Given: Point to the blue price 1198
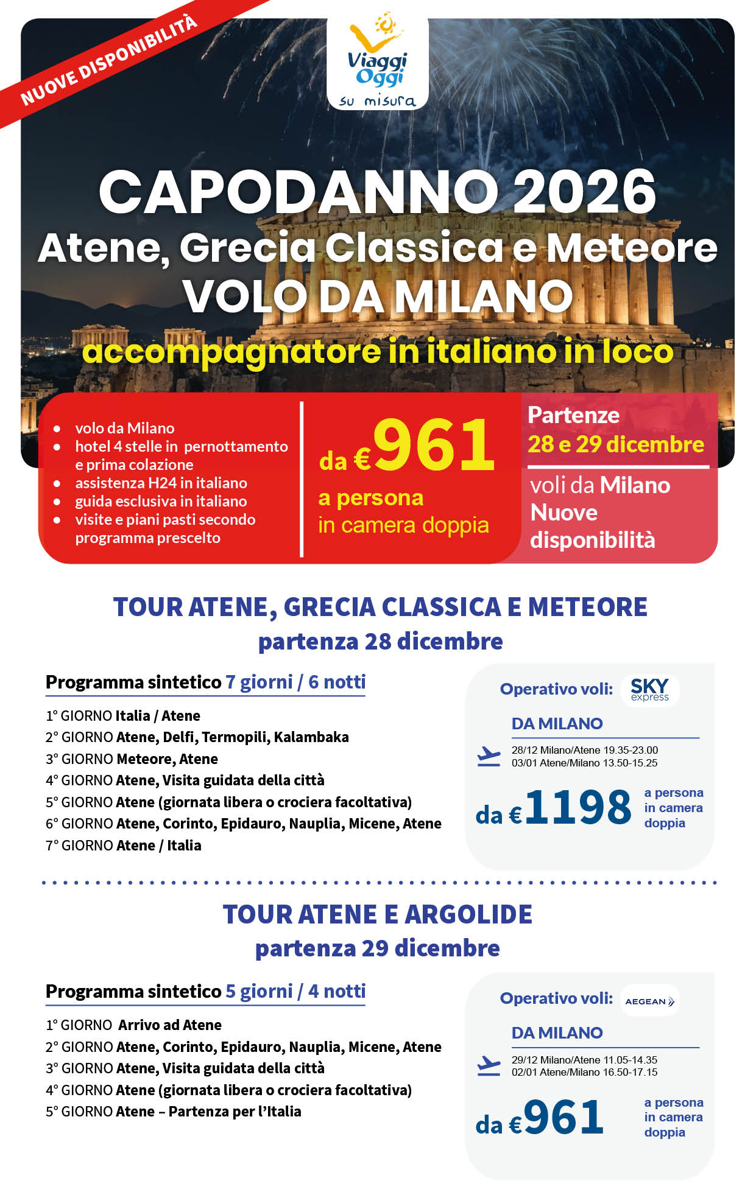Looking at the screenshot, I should click(578, 808).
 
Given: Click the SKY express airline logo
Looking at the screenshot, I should click(649, 690).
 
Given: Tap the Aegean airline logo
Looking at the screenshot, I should click(649, 1001).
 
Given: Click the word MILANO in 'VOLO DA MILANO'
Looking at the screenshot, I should click(484, 296).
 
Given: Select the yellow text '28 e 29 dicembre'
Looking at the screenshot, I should click(615, 444).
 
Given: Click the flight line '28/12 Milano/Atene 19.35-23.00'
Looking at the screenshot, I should click(584, 750).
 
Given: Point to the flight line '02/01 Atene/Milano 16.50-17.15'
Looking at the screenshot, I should click(584, 1072).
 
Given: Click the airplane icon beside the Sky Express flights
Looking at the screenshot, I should click(489, 756).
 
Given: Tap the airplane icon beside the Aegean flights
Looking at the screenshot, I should click(489, 1065).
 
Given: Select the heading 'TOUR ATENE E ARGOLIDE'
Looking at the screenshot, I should click(378, 914).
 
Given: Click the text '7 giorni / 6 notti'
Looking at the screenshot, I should click(295, 682).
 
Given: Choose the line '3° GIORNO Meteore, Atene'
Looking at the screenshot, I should click(132, 759).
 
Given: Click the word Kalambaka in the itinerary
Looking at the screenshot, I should click(311, 737).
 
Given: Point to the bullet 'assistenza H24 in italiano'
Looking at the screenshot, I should click(161, 483).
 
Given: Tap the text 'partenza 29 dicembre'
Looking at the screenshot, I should click(378, 948).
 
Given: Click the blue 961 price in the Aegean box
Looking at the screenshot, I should click(563, 1118).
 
